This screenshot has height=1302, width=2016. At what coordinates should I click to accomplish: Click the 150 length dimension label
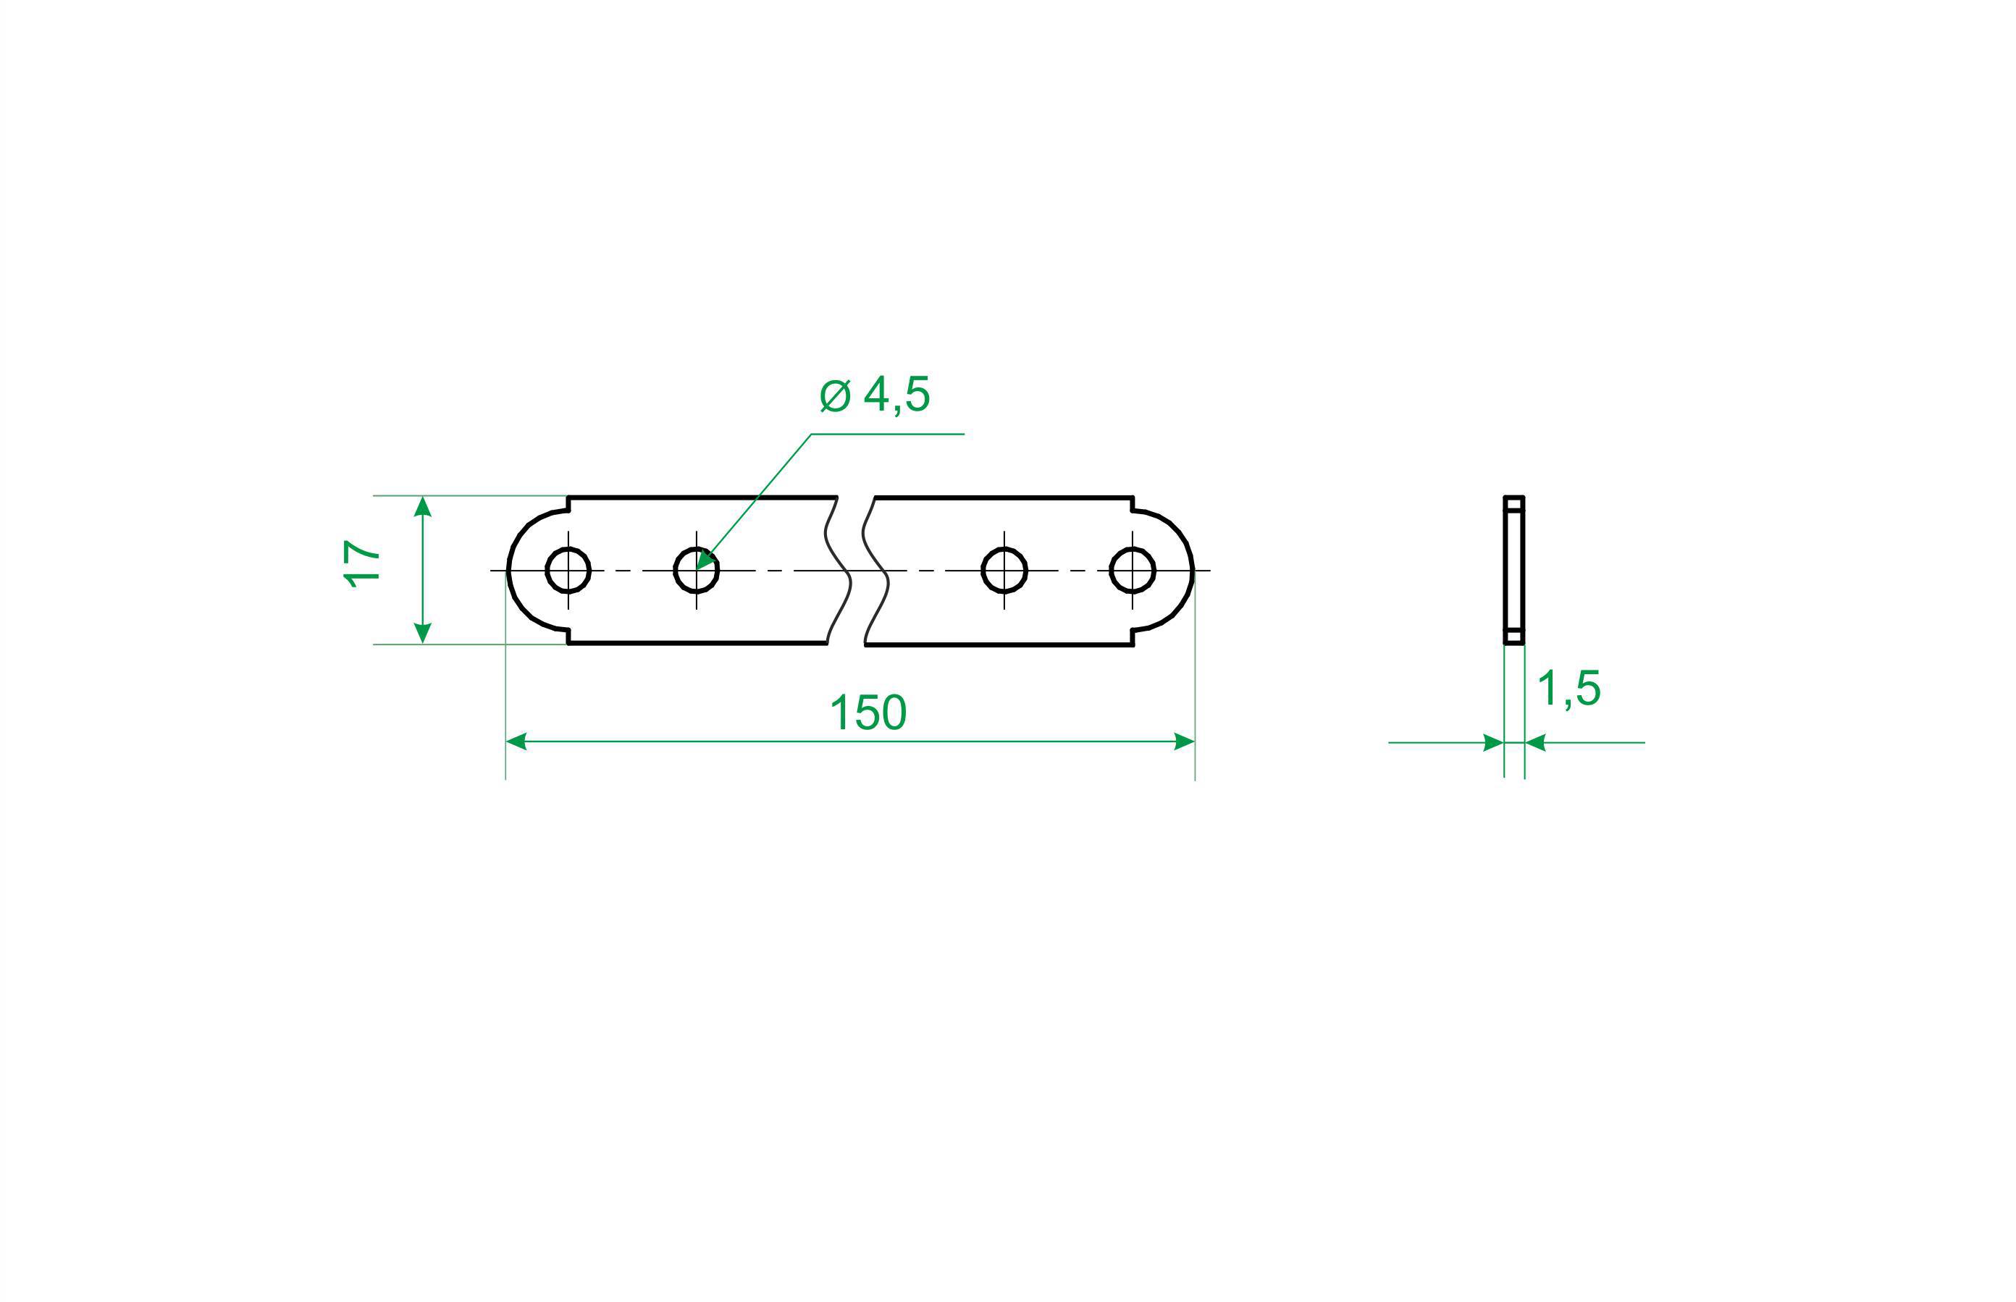[x=868, y=713]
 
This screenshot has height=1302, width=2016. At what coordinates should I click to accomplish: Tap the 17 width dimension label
[x=362, y=564]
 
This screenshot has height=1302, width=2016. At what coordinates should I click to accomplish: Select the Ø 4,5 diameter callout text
[x=875, y=395]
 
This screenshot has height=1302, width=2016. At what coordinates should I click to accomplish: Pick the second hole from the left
[x=697, y=571]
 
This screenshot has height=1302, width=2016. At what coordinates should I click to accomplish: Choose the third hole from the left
[x=1004, y=571]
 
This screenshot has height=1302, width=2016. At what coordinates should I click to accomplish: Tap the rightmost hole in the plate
[x=1133, y=571]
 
